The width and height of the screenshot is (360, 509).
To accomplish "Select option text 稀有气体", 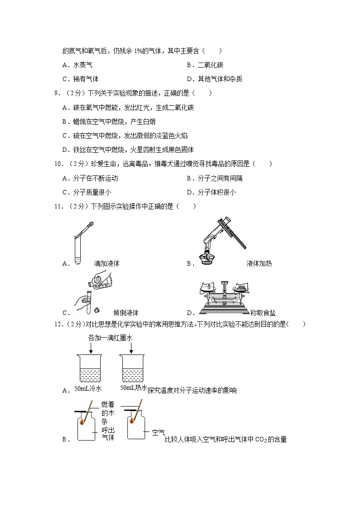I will click(86, 79).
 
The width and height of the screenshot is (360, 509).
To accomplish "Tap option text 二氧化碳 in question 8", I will click(210, 65).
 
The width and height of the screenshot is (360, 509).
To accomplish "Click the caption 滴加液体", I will click(107, 263).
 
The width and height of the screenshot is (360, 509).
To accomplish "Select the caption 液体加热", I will click(259, 263).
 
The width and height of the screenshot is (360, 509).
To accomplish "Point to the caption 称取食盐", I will click(263, 313).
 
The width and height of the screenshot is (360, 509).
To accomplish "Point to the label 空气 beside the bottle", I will click(158, 432).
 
